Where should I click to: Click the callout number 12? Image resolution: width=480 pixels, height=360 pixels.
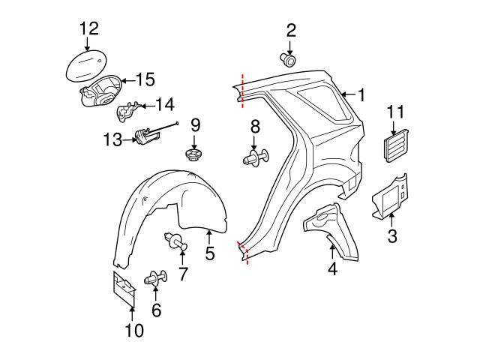89,28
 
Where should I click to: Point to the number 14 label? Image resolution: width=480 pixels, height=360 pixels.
163,105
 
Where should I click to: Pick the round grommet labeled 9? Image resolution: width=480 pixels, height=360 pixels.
194,156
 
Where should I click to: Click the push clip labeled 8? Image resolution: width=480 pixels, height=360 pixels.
253,157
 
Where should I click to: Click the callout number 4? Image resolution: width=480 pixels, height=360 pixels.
331,267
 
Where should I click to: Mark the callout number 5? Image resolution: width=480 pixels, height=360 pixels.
209,254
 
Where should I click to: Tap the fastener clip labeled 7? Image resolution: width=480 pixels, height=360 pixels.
176,242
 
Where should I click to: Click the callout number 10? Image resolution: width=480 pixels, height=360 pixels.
133,329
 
